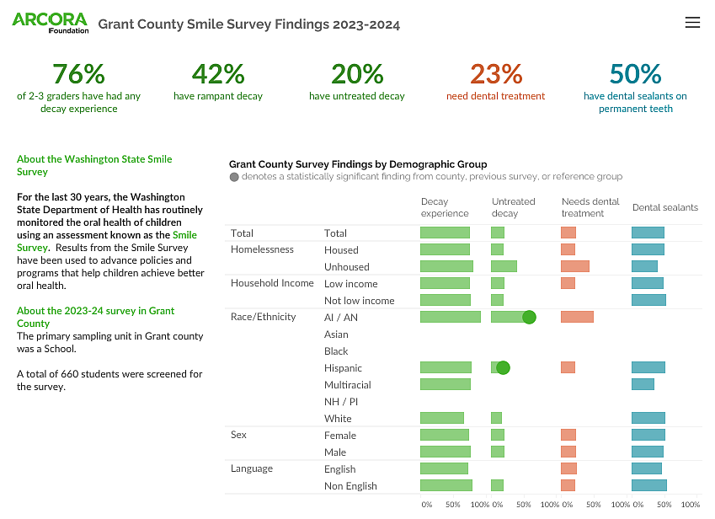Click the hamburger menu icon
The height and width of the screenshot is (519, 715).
[692, 23]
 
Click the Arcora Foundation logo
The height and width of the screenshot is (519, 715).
[50, 23]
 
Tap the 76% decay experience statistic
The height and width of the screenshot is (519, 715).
[78, 74]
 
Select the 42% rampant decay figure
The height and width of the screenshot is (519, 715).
[218, 74]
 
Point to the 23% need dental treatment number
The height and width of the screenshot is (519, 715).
[496, 74]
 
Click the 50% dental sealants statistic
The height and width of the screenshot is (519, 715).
[635, 74]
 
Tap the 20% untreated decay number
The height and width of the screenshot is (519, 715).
[357, 74]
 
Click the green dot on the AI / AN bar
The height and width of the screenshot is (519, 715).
[529, 317]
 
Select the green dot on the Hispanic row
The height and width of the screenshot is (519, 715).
[503, 367]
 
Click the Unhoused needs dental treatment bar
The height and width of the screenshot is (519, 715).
[575, 266]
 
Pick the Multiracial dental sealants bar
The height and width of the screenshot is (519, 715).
[643, 384]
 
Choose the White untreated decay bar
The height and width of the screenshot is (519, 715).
[496, 418]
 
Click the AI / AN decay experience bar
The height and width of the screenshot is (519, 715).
[450, 317]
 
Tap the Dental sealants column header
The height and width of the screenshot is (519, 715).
[664, 207]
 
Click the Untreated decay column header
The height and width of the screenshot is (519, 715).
[513, 207]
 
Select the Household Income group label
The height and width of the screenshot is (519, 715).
[272, 283]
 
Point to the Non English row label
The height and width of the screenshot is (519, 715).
[350, 486]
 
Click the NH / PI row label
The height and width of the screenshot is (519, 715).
[341, 402]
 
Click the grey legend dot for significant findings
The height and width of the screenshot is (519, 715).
[234, 177]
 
